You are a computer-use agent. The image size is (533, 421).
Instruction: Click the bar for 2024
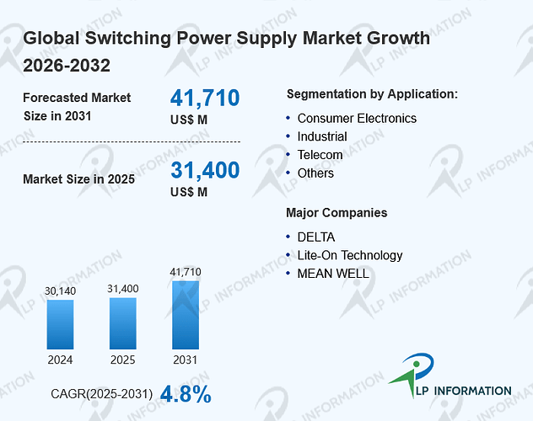[x=60, y=324]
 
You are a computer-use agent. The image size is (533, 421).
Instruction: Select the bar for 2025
[x=123, y=323]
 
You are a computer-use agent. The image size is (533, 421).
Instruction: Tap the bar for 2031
[x=186, y=315]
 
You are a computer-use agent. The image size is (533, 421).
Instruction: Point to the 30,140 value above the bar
[x=60, y=291]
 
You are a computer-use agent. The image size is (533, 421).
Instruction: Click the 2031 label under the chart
[x=186, y=360]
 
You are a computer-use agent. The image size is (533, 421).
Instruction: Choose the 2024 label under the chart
[x=60, y=360]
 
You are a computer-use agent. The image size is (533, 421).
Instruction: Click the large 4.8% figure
[x=186, y=394]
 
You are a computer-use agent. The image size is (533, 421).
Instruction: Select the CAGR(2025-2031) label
[x=102, y=394]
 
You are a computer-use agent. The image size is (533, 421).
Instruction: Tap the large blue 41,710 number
[x=205, y=98]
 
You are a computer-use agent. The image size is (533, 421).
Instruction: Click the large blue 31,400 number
[x=205, y=170]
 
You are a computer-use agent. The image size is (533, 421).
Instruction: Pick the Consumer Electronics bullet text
[x=357, y=119]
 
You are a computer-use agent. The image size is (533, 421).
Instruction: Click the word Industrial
[x=322, y=136]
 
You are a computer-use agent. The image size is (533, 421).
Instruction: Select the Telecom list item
[x=320, y=155]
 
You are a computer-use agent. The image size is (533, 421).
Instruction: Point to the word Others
[x=315, y=173]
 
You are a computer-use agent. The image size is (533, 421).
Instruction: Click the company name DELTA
[x=316, y=237]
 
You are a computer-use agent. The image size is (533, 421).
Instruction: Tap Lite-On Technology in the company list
[x=350, y=255]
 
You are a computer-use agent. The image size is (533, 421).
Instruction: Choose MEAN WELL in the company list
[x=333, y=274]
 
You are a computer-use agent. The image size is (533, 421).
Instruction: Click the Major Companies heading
[x=336, y=213]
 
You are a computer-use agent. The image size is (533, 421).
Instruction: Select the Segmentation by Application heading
[x=372, y=94]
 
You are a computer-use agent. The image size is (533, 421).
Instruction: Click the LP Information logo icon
[x=412, y=374]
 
